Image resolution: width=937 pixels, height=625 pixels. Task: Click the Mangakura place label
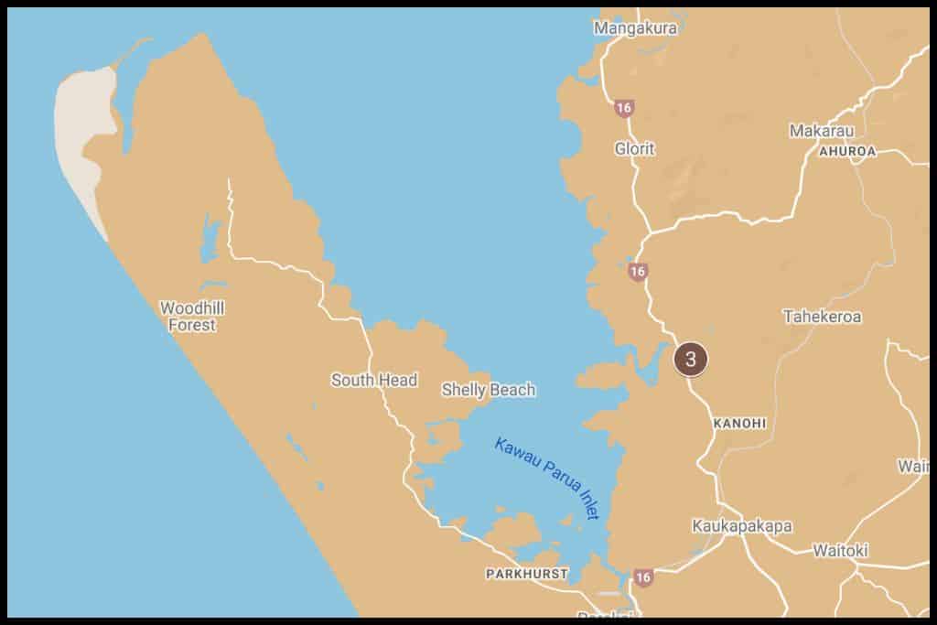tap(635, 28)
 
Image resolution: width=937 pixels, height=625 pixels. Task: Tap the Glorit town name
tap(634, 148)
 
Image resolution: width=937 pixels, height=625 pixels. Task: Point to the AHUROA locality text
tap(847, 150)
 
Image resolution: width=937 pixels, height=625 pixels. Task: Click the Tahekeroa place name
tap(822, 317)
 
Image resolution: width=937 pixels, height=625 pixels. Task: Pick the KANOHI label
tap(738, 424)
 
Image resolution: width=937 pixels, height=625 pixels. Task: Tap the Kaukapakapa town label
tap(741, 526)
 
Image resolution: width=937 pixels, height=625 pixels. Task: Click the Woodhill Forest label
tap(192, 317)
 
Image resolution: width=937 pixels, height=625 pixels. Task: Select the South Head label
tap(374, 380)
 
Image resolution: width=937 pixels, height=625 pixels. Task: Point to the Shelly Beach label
tap(489, 390)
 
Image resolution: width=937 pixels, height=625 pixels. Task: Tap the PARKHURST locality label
tap(527, 575)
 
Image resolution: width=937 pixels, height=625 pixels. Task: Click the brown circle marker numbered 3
tap(690, 359)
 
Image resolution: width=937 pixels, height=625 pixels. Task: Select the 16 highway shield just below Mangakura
tap(624, 108)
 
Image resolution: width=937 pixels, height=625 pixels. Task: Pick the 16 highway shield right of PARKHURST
tap(643, 577)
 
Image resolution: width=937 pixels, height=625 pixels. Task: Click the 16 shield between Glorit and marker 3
tap(638, 272)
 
